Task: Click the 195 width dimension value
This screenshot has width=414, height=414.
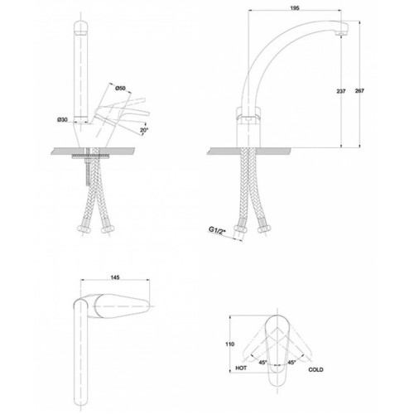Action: click(x=295, y=8)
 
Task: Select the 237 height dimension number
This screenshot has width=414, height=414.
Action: click(x=341, y=91)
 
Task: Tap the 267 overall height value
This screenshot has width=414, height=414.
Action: click(x=359, y=90)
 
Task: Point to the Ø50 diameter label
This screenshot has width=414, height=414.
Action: click(x=120, y=88)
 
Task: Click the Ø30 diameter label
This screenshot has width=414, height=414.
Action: click(x=62, y=119)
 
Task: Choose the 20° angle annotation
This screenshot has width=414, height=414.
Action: click(x=144, y=130)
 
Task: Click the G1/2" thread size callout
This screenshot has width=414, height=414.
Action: click(x=217, y=230)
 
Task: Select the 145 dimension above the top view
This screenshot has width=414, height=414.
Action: click(x=115, y=277)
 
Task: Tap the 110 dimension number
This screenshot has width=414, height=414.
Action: click(x=229, y=344)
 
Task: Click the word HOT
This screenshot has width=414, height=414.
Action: click(x=241, y=368)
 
